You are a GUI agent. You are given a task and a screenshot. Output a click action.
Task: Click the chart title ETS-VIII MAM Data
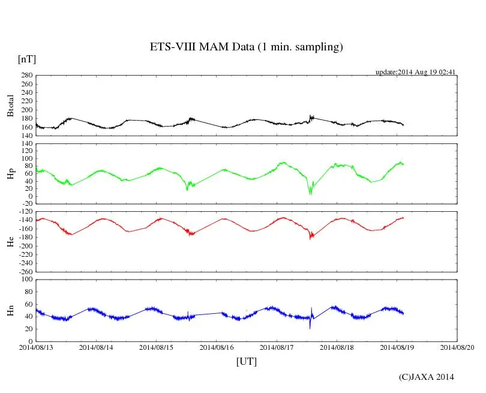click(246, 47)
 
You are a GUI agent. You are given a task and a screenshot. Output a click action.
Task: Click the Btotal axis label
click(10, 106)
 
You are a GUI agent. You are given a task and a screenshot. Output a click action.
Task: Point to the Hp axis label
click(10, 175)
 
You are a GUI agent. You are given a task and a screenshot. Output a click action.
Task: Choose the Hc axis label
click(10, 242)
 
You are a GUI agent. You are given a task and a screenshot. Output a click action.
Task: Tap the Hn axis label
click(10, 310)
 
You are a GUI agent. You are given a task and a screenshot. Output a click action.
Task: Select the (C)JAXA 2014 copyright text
click(426, 377)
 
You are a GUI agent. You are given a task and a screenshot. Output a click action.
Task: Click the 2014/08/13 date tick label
click(36, 347)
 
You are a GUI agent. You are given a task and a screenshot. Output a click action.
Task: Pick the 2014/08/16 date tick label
click(217, 347)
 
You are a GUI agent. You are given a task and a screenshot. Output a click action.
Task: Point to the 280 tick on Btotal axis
click(26, 76)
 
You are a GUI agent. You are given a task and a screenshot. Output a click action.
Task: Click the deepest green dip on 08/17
click(310, 193)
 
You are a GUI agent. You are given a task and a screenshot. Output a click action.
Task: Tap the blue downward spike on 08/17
click(310, 327)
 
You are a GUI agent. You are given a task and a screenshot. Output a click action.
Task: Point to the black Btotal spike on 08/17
click(310, 116)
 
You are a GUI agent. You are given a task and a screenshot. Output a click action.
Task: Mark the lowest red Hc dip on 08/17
click(310, 238)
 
